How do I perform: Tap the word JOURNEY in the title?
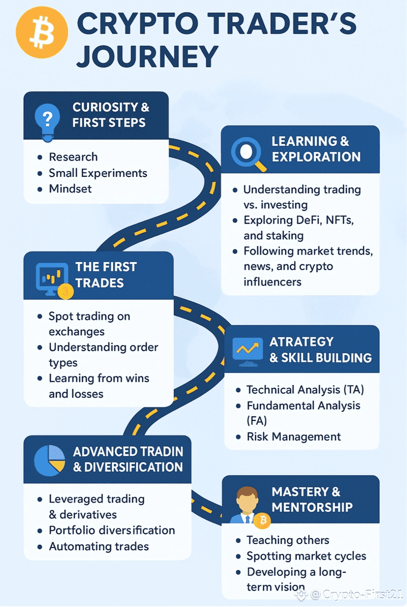147,57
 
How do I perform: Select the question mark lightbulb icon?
48,118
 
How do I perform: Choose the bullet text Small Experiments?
98,173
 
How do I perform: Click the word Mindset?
70,189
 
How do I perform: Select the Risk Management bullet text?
294,437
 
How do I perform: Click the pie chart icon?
49,460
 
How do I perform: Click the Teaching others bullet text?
288,540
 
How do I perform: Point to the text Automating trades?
99,546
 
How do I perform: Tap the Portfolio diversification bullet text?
112,530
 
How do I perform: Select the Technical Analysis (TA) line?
305,390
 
